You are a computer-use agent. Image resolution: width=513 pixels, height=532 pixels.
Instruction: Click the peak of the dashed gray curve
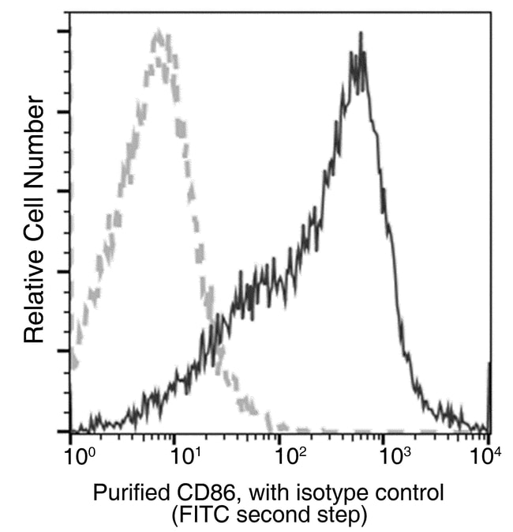[159, 32]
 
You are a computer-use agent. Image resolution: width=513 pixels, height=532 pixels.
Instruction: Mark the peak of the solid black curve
[361, 34]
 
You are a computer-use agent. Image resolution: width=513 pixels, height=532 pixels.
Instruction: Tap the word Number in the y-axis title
[32, 134]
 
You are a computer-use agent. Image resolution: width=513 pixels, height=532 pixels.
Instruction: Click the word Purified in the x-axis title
[125, 492]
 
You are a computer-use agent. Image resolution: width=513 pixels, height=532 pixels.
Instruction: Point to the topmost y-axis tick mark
[65, 32]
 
